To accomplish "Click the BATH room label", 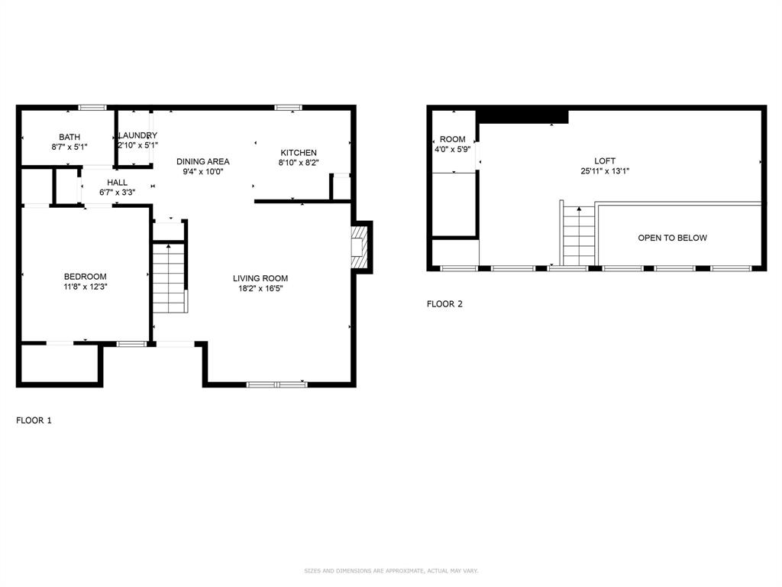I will point(69,137).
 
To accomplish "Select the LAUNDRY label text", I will point(137,135).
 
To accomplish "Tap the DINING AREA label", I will point(203,161).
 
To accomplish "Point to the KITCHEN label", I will point(298,153).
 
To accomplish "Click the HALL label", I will point(117,183).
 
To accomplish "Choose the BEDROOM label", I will point(85,277).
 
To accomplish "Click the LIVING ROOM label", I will point(260,278).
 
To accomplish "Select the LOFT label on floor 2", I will point(605,161).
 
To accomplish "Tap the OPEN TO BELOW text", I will point(672,238).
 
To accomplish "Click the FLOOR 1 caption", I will point(34,420).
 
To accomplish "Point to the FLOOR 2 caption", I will point(444,304).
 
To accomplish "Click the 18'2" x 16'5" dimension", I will point(260,289).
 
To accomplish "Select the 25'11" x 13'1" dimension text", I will point(605,171).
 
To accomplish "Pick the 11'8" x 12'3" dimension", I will point(85,287).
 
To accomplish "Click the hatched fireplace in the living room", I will point(359,247).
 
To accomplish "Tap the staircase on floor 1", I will point(169,278).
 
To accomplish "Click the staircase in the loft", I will point(579,236).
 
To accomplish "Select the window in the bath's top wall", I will point(92,107).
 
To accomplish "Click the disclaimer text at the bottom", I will point(391,571).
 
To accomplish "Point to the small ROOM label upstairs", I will point(452,139).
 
